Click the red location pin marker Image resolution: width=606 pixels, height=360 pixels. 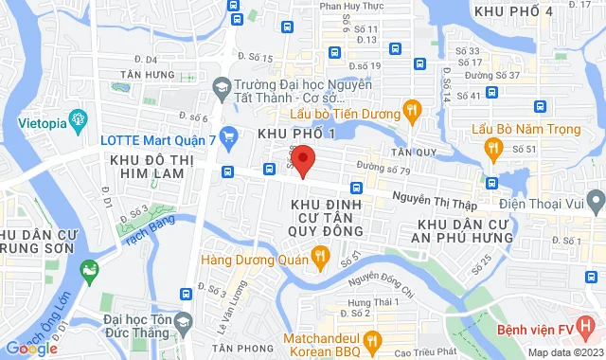(302, 160)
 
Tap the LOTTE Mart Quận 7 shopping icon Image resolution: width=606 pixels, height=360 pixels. (226, 135)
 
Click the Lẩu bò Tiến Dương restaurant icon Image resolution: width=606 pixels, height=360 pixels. (411, 113)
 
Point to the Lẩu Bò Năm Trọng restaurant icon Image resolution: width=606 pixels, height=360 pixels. (492, 148)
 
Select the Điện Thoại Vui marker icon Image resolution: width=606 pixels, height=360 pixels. (595, 201)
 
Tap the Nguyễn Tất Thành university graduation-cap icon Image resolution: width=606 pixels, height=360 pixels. (221, 87)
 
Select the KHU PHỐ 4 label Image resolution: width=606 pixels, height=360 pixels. (513, 10)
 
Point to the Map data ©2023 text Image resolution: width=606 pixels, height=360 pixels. (564, 352)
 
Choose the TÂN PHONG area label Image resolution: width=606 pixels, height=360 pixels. (234, 348)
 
